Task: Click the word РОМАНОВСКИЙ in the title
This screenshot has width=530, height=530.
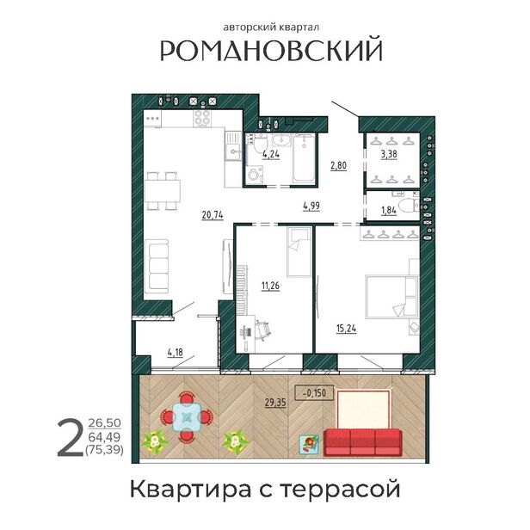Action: [271, 50]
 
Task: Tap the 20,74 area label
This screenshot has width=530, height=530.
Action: [213, 215]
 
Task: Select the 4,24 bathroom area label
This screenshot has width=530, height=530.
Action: [271, 154]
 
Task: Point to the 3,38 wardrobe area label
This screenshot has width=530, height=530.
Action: [389, 155]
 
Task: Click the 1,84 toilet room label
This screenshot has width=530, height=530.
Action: [389, 211]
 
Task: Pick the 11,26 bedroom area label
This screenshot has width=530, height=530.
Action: [270, 286]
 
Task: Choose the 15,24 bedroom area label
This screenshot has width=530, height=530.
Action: [347, 328]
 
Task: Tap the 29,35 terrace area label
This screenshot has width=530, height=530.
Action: [275, 403]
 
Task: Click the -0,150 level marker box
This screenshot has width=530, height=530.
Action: [314, 392]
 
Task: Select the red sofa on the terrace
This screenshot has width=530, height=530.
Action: [362, 442]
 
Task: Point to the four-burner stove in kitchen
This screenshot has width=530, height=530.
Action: [202, 119]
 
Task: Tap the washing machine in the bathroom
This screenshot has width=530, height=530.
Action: [254, 175]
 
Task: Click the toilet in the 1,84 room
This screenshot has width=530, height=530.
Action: [409, 205]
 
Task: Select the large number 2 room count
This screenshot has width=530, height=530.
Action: [70, 437]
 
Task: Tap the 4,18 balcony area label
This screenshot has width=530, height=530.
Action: [176, 353]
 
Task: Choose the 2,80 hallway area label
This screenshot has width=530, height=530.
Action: [338, 165]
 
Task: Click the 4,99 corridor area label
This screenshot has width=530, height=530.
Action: [311, 206]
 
